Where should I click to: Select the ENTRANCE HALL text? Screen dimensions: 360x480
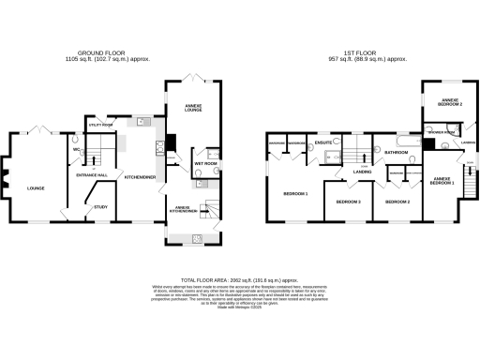[91, 175]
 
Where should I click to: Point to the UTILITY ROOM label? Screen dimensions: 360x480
[100, 124]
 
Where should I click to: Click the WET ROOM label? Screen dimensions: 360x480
[206, 163]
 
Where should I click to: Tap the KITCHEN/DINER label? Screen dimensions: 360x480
[140, 175]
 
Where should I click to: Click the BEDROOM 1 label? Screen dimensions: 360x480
[295, 194]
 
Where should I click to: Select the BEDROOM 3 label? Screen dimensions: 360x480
[348, 202]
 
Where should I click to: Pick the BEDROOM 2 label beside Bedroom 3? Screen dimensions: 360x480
[398, 202]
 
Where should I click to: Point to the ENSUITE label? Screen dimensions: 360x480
[325, 142]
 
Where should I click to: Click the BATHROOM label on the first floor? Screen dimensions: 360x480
[394, 152]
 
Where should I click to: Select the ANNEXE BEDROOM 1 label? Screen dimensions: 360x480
[442, 180]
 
